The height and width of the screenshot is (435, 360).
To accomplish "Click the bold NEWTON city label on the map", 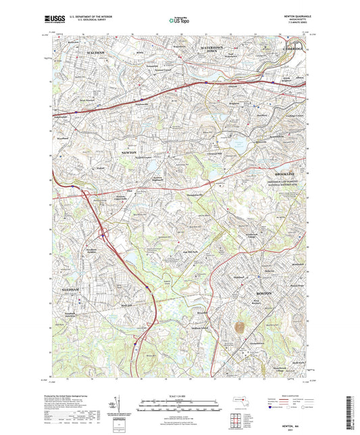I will tap(128, 153).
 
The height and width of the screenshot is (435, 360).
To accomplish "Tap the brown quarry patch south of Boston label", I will tap(238, 328).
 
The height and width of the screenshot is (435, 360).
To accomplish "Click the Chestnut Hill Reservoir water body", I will tap(238, 144).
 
